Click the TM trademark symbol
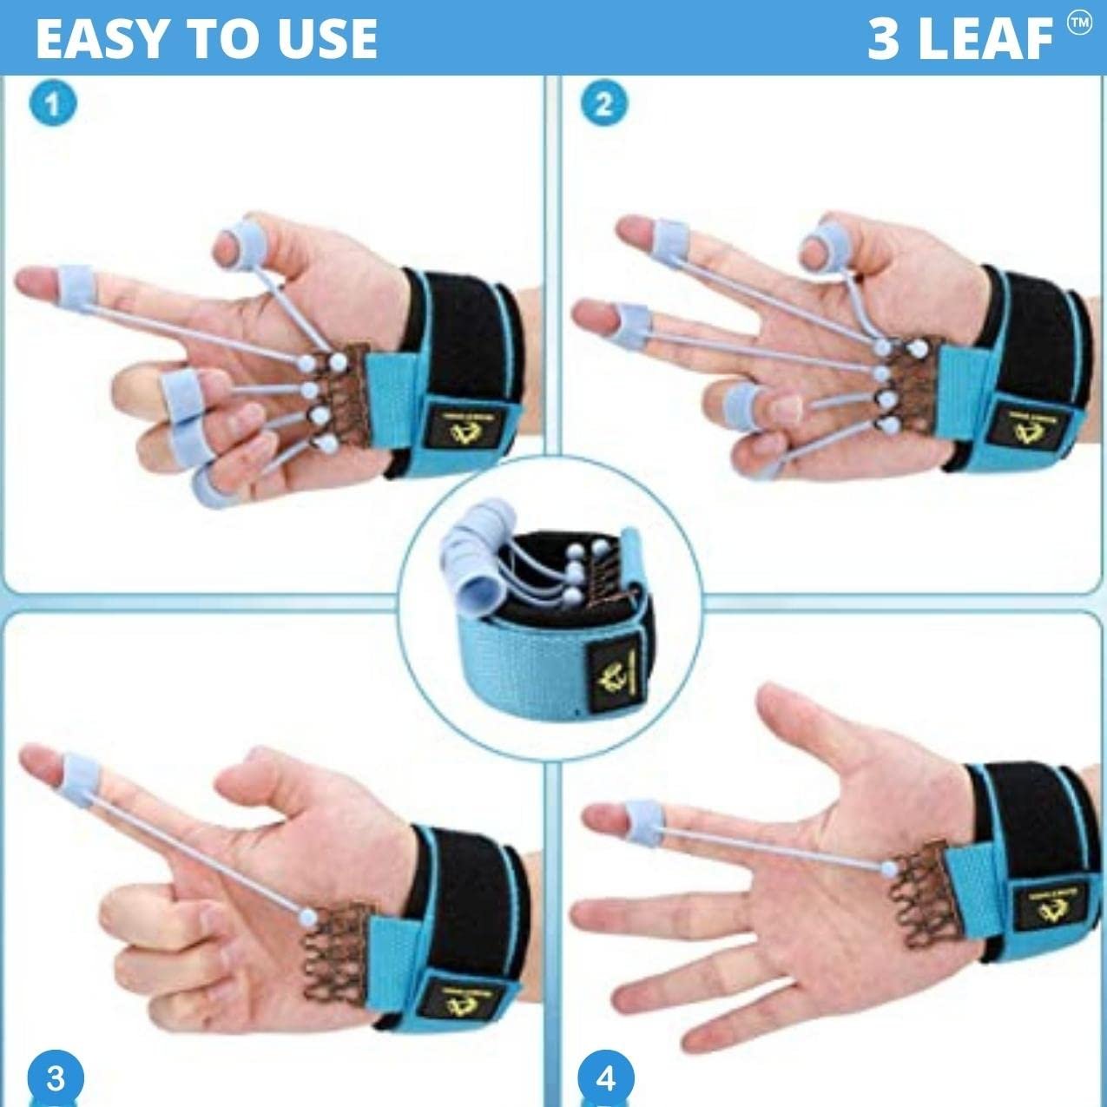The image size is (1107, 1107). click(x=1079, y=24)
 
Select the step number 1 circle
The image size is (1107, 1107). click(x=53, y=104)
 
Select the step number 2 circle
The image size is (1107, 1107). click(x=603, y=104)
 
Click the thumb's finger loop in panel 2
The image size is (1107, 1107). click(x=821, y=246)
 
